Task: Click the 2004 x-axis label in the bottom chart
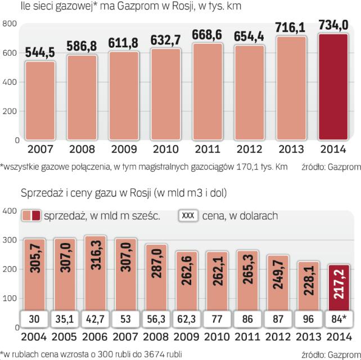[37, 337]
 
